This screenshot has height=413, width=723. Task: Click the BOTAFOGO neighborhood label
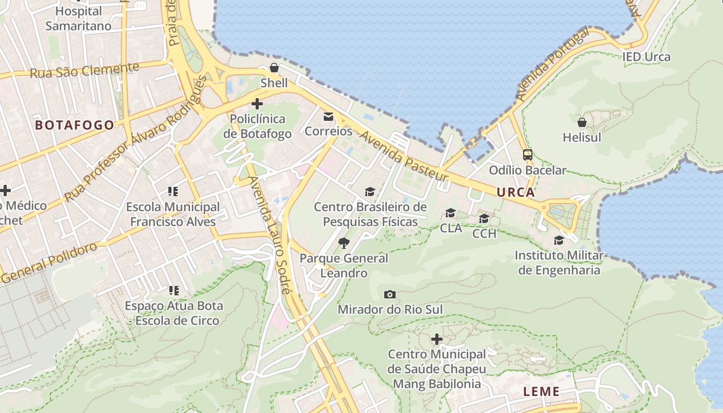coord(74,125)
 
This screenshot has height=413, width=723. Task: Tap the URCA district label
coord(515,193)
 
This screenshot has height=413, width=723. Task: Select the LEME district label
coord(541,391)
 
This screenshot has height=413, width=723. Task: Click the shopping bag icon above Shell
coord(274,68)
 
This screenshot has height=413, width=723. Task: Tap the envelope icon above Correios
coord(328,116)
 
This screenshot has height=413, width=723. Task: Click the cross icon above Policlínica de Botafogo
coord(257,104)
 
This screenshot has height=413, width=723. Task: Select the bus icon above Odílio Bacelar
coord(527,154)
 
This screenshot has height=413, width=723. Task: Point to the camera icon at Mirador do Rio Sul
coord(390,294)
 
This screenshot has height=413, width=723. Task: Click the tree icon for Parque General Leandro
coord(343,243)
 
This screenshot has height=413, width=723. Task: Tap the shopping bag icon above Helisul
coord(582,122)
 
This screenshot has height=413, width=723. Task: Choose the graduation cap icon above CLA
coord(451,213)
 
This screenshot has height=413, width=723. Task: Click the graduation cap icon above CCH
coord(484,218)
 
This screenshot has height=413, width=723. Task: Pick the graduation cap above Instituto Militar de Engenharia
coord(559,240)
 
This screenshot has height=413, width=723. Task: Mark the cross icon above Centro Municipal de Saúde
coord(436,339)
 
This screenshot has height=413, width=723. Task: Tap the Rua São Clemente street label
coord(84,70)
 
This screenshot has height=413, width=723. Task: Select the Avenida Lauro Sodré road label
coord(270,235)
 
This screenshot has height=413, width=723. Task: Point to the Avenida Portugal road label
coord(552,65)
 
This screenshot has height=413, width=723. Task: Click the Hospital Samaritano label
coord(78,19)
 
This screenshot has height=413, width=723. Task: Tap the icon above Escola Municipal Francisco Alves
coord(173,192)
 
